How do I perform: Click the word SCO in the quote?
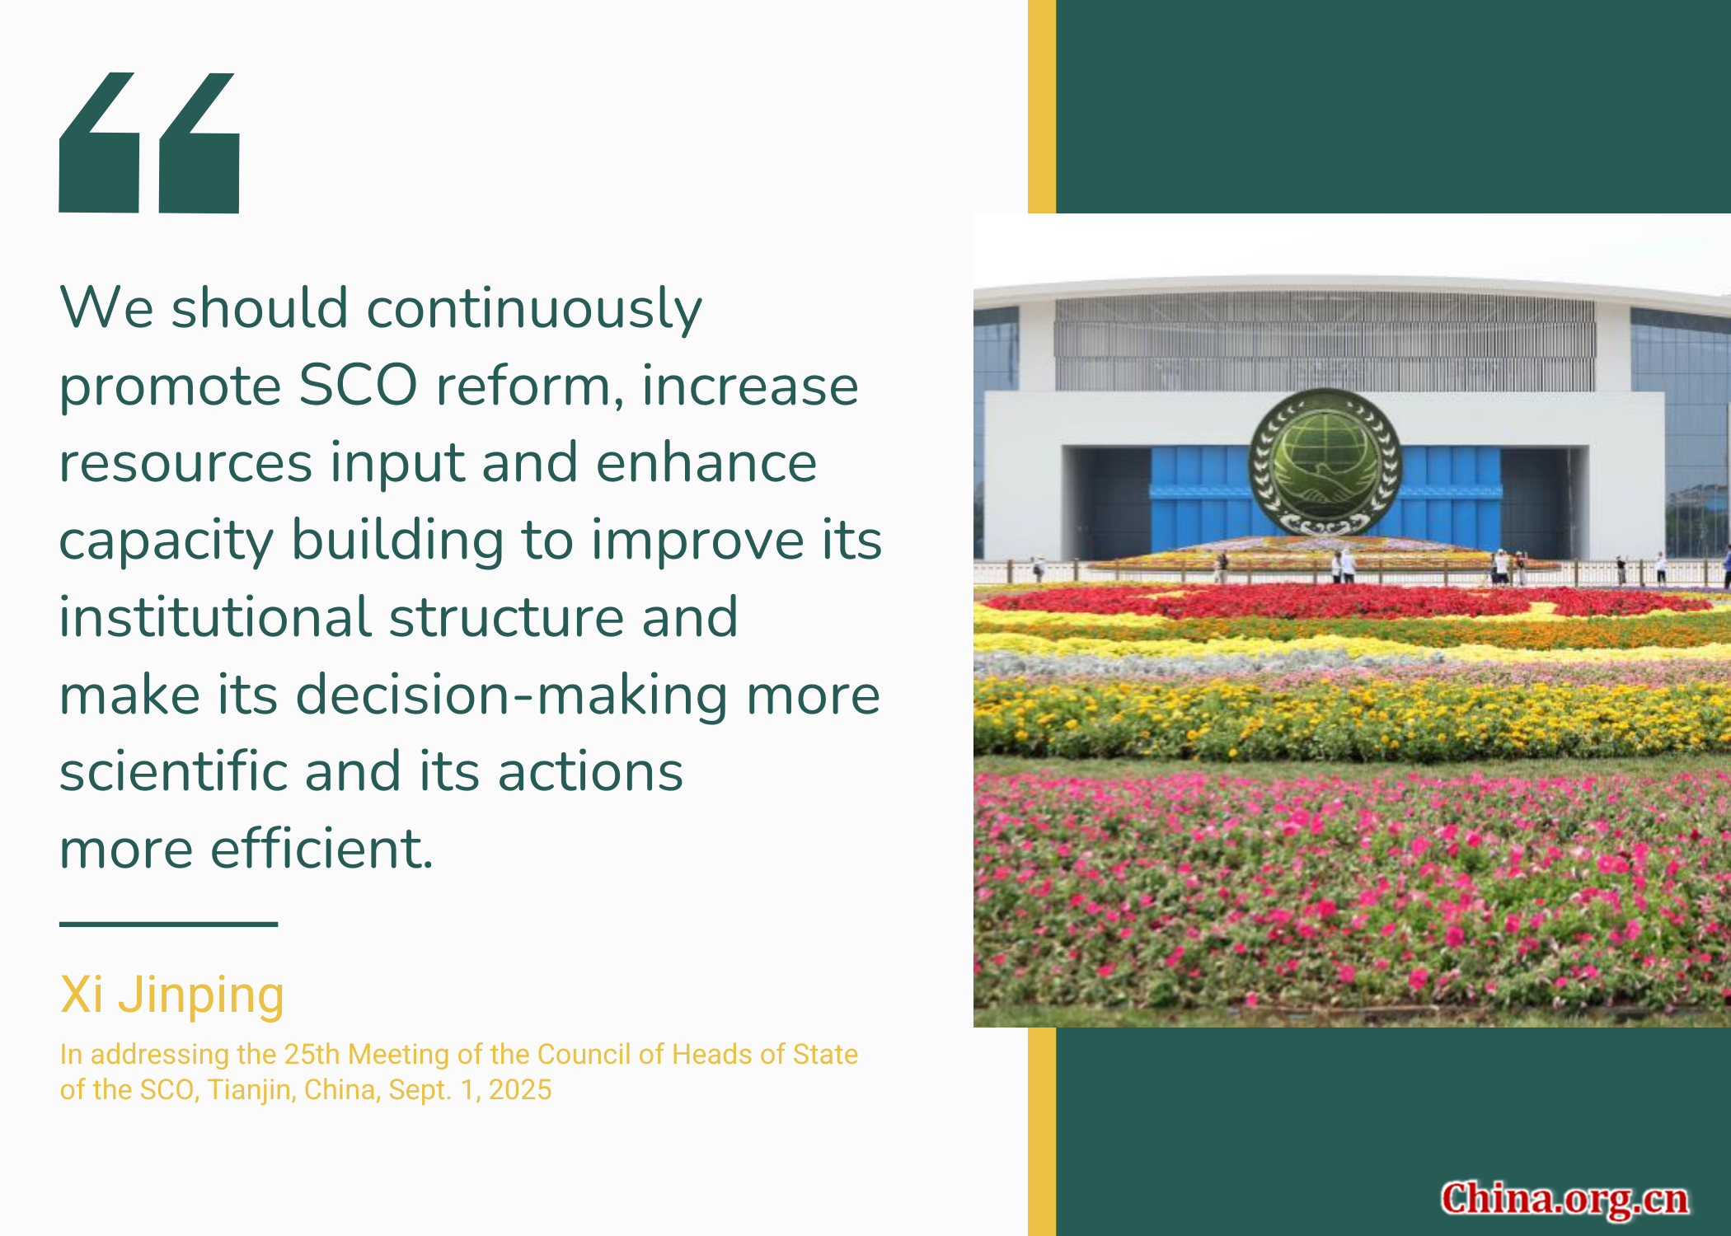[x=358, y=385]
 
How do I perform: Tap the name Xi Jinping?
[x=172, y=995]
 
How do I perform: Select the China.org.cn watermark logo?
[x=1564, y=1200]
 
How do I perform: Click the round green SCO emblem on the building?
[x=1325, y=462]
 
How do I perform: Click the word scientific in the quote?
[x=173, y=771]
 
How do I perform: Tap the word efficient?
[x=321, y=849]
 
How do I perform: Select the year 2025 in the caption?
[x=520, y=1089]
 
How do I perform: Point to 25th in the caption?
[x=312, y=1054]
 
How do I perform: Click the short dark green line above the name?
[x=168, y=924]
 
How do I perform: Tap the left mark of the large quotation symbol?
[x=98, y=143]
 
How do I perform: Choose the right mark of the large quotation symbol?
[x=199, y=143]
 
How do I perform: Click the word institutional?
[x=215, y=617]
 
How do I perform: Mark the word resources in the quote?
[x=185, y=464]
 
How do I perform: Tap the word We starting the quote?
[x=106, y=308]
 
